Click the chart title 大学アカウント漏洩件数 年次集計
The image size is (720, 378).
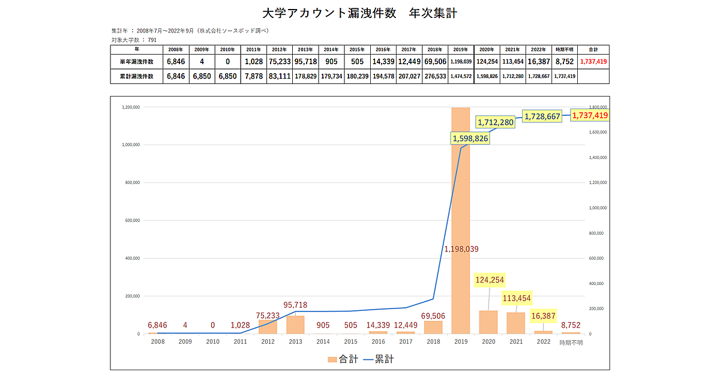click(x=360, y=13)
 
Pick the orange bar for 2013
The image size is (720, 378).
click(x=295, y=325)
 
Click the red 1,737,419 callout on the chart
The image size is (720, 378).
click(x=590, y=115)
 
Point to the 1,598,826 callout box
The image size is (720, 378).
click(x=470, y=139)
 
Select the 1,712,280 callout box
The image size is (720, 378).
click(x=496, y=122)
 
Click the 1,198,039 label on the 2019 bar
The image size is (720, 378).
click(x=461, y=248)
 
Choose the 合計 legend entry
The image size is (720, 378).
click(x=343, y=359)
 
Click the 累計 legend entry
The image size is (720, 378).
click(x=378, y=359)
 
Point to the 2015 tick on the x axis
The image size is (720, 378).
click(x=350, y=342)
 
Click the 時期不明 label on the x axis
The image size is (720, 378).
click(x=571, y=343)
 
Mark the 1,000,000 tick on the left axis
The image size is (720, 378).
click(x=130, y=145)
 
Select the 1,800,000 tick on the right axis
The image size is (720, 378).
click(x=599, y=107)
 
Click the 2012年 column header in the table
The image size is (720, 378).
click(x=279, y=49)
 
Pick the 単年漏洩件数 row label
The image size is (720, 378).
click(x=137, y=62)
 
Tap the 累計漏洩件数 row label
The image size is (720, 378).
click(x=137, y=76)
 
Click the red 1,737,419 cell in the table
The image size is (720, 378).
click(x=594, y=62)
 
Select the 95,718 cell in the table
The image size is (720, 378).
click(x=305, y=62)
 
